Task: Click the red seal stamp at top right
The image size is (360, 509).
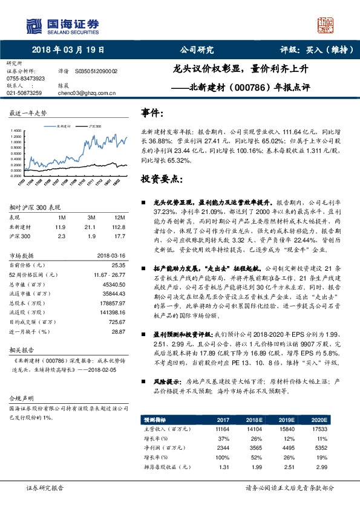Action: pos(326,24)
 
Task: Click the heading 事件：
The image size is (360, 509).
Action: pos(152,113)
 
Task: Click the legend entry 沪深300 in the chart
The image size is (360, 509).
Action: pos(94,126)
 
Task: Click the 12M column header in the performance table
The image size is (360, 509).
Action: pos(119,216)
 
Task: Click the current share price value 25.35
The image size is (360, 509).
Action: pos(118,265)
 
